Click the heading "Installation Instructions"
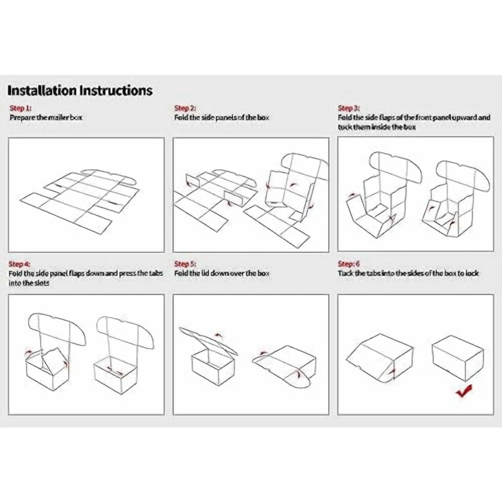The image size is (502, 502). click(x=80, y=90)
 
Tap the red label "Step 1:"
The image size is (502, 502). click(x=20, y=108)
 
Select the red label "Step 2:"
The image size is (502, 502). click(x=185, y=108)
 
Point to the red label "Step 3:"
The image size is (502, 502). click(x=349, y=108)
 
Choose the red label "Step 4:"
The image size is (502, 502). click(x=20, y=264)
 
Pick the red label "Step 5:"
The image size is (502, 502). click(x=185, y=264)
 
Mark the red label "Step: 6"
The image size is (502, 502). click(x=349, y=264)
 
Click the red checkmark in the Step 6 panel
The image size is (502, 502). click(x=463, y=390)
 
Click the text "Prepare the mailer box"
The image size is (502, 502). click(x=46, y=118)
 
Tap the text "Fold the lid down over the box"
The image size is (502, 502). click(x=222, y=273)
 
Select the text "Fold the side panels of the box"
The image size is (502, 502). click(x=222, y=118)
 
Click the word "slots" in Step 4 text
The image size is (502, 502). click(x=42, y=283)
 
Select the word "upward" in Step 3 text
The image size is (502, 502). click(x=464, y=118)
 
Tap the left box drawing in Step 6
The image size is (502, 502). click(x=380, y=358)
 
